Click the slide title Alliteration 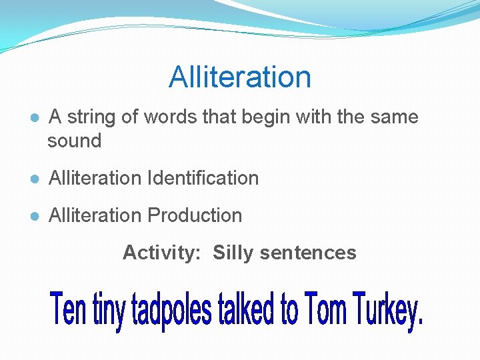pos(240,77)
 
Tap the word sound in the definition pos(74,141)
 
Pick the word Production pos(195,216)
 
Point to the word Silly pos(234,253)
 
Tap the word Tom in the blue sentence pos(327,310)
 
